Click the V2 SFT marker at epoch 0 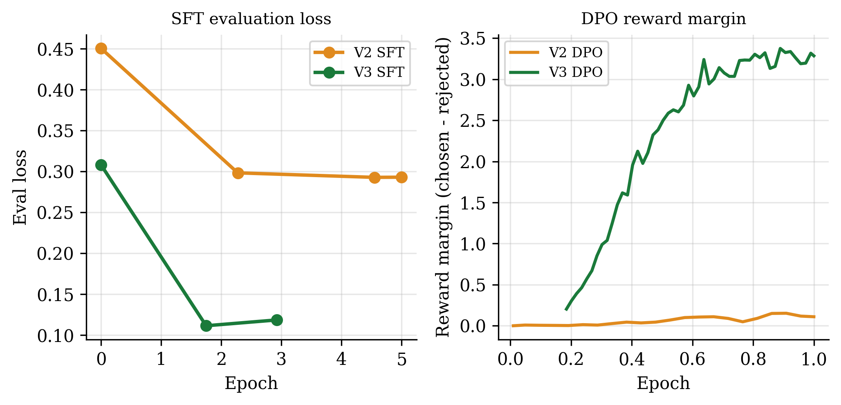point(101,48)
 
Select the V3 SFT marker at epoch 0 point(101,165)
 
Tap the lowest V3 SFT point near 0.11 point(206,326)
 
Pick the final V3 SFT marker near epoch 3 point(277,320)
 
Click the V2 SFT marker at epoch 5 point(401,177)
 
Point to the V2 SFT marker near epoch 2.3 point(238,173)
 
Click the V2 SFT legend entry point(359,52)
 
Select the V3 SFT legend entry point(359,72)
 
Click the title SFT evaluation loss point(251,19)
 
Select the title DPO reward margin point(664,19)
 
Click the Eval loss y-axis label point(20,187)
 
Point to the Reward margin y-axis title point(443,187)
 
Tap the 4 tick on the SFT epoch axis point(341,360)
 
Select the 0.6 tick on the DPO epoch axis point(693,360)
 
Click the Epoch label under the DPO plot point(663,384)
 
